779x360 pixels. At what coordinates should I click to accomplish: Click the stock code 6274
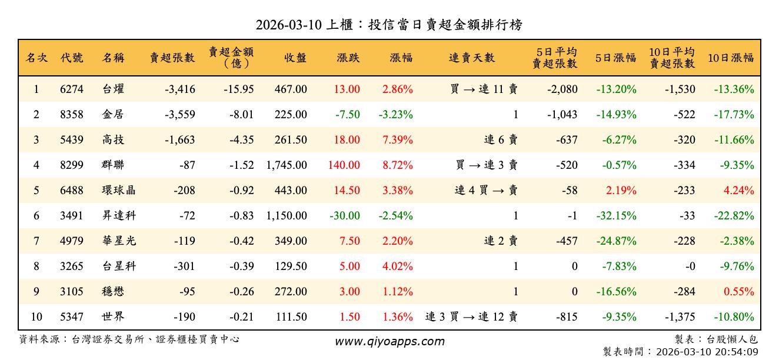(x=72, y=90)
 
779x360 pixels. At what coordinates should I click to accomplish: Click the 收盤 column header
(x=295, y=58)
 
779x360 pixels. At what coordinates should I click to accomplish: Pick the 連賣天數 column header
(x=472, y=58)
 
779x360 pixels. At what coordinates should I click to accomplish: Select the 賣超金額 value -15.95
(x=239, y=90)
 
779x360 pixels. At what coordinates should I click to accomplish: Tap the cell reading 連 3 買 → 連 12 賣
(x=471, y=317)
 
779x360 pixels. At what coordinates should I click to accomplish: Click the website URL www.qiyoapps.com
(x=389, y=342)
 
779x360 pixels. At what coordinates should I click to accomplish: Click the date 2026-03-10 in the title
(x=289, y=25)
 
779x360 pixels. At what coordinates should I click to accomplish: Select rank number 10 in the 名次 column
(x=36, y=317)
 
